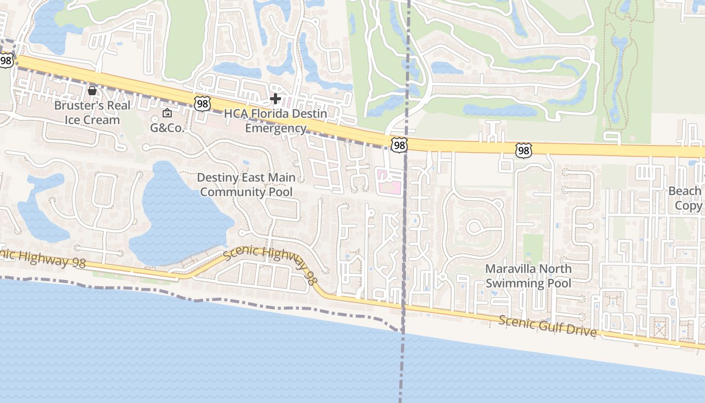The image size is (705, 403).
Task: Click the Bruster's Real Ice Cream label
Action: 92,112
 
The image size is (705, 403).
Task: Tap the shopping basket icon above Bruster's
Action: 92,91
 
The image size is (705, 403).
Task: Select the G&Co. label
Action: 167,127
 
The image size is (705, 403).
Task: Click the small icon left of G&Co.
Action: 167,113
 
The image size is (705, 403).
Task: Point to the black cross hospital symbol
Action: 275,99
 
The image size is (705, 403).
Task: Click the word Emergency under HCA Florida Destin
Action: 275,128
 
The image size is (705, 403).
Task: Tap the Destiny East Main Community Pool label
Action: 246,184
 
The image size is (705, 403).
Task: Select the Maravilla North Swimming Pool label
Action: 528,276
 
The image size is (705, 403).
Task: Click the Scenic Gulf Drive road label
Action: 548,326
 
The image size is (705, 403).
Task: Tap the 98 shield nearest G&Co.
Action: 201,104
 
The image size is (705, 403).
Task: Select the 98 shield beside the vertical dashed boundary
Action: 399,146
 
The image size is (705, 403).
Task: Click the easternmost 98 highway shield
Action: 523,150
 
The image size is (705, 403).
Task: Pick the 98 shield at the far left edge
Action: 6,60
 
